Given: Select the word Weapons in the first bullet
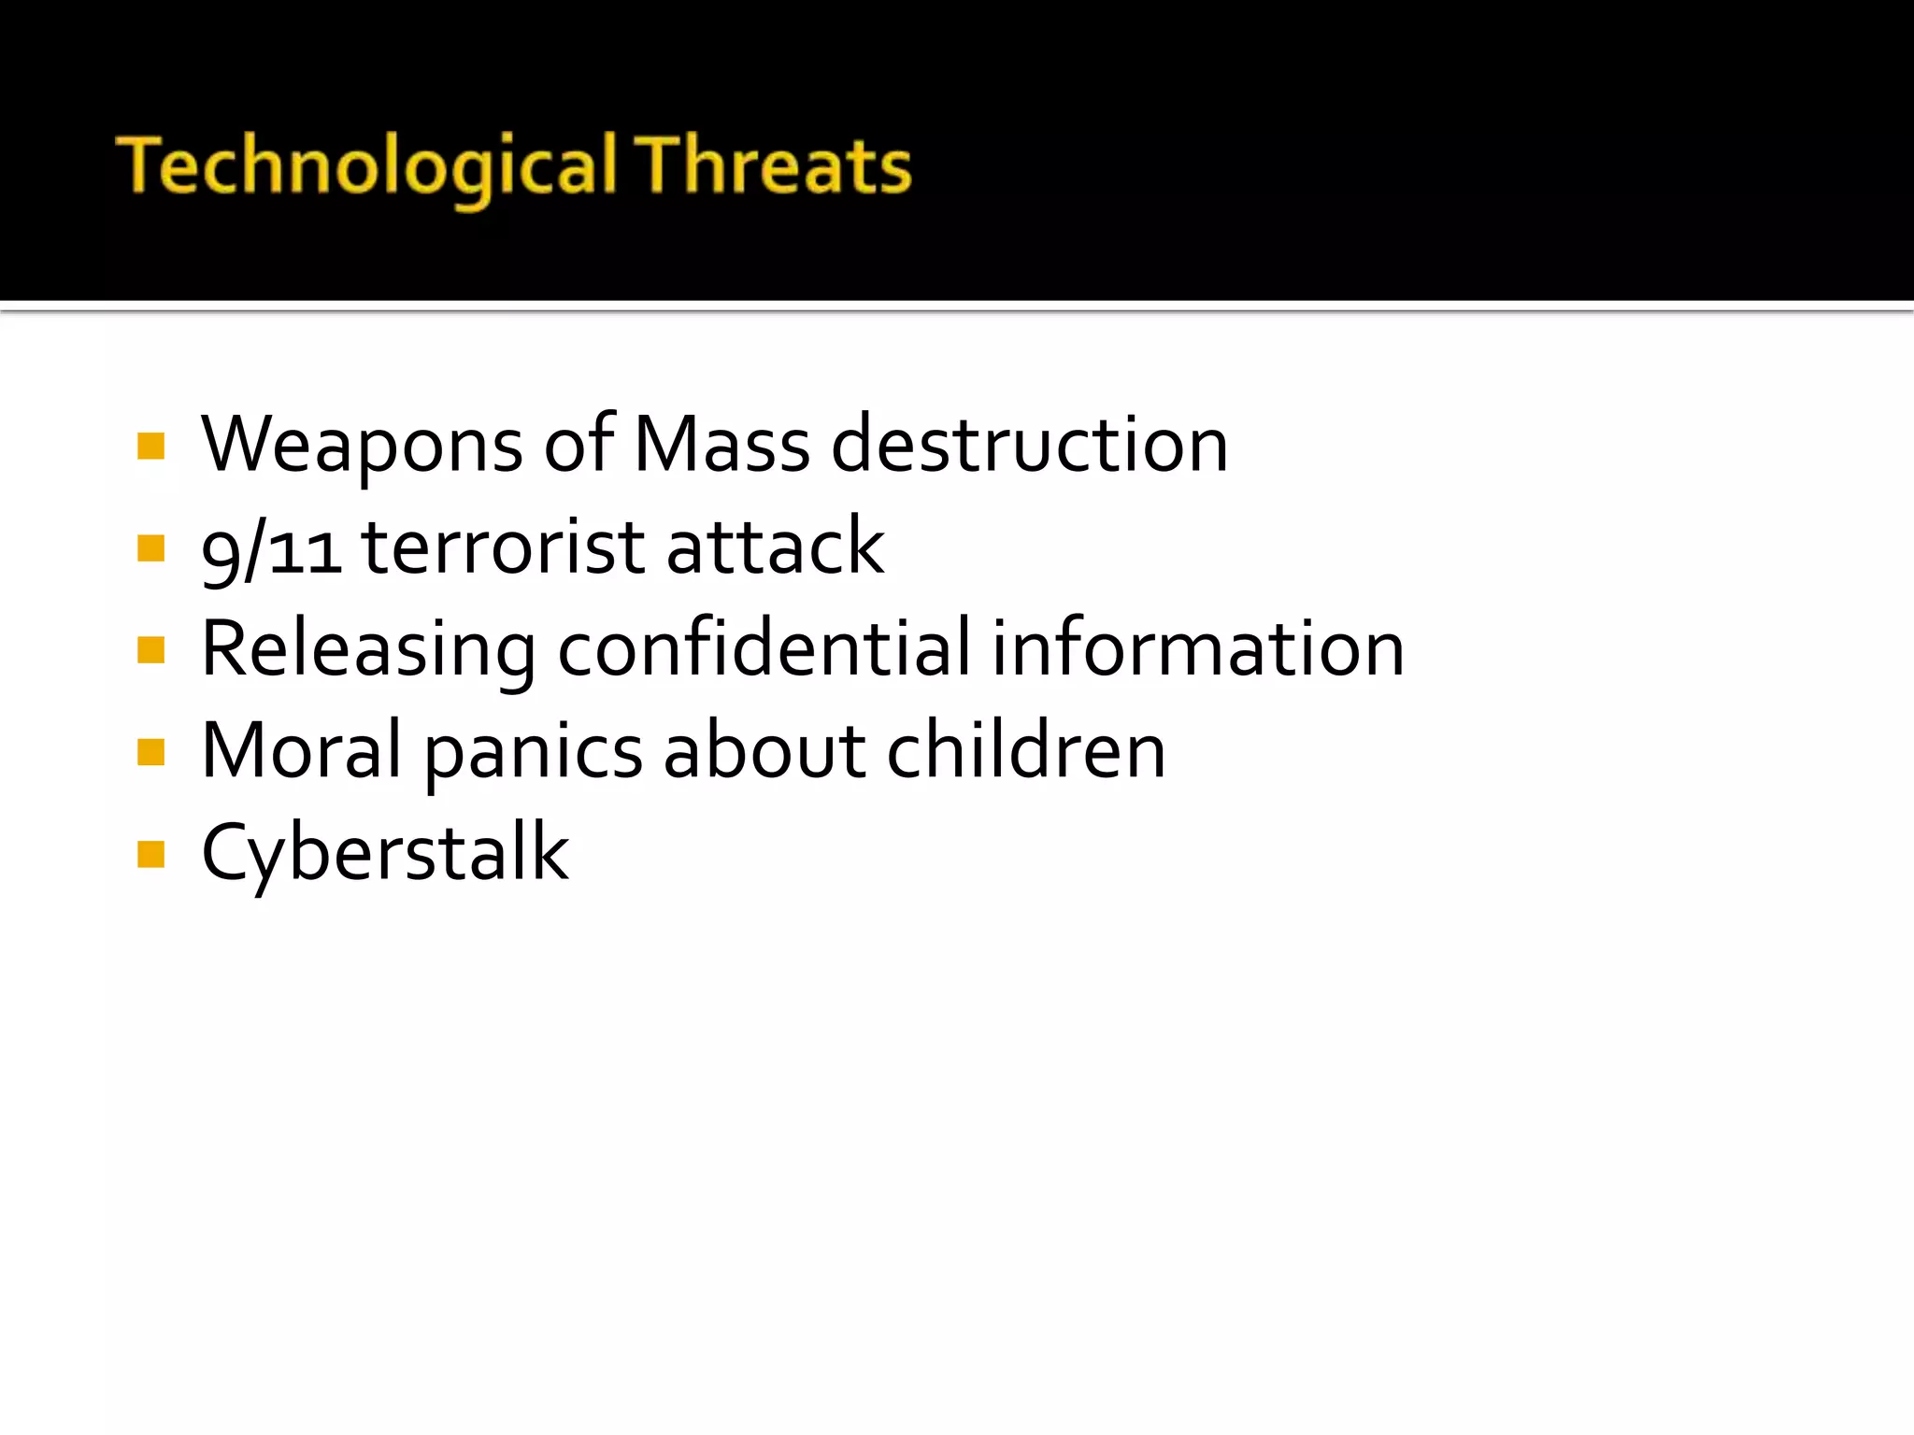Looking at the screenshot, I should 362,445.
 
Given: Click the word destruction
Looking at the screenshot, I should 1030,445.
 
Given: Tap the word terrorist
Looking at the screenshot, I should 503,547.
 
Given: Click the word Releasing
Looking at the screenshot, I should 369,650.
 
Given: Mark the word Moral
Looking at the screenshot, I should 302,751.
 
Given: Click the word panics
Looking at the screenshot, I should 534,753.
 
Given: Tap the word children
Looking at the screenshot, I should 1025,751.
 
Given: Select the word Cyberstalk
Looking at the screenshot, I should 385,854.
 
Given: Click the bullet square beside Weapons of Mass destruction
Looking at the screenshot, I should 150,447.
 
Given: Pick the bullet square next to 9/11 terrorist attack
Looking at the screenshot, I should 150,547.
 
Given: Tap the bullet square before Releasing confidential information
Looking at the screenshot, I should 150,649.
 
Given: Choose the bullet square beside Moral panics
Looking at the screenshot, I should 150,752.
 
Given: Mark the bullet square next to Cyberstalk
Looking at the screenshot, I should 150,854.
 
